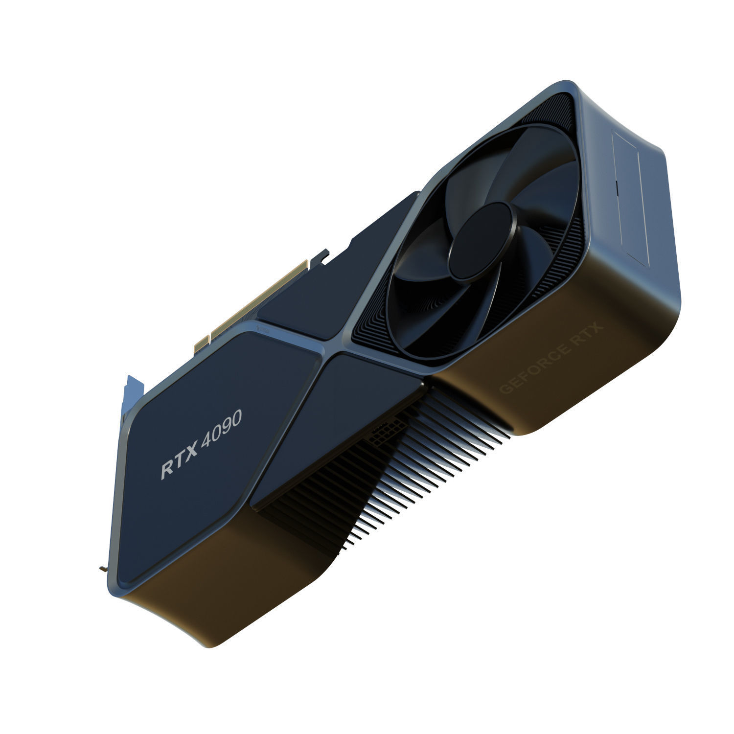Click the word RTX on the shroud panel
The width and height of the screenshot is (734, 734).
(x=180, y=461)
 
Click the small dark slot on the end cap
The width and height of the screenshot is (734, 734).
(x=617, y=185)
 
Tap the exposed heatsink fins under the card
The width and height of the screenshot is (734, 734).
(x=416, y=470)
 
